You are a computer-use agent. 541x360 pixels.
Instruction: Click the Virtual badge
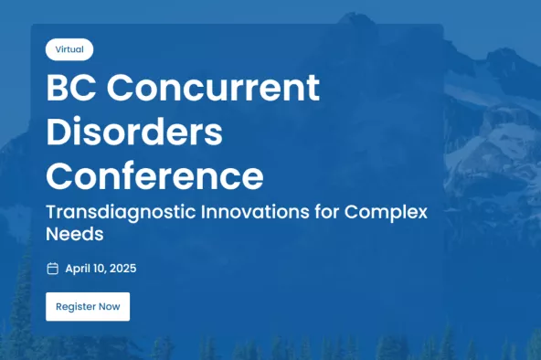pyautogui.click(x=69, y=49)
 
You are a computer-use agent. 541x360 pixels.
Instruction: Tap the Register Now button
pyautogui.click(x=88, y=306)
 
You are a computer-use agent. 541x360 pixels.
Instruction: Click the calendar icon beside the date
pyautogui.click(x=52, y=269)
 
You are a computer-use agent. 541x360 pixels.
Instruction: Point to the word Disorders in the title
pyautogui.click(x=134, y=132)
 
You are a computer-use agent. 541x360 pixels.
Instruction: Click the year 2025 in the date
pyautogui.click(x=122, y=269)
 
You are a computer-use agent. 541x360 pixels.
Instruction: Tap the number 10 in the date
pyautogui.click(x=101, y=269)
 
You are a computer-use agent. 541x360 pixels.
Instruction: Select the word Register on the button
pyautogui.click(x=75, y=306)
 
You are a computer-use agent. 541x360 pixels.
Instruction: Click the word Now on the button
pyautogui.click(x=110, y=306)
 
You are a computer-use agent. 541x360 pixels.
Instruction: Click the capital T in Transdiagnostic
pyautogui.click(x=51, y=212)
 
